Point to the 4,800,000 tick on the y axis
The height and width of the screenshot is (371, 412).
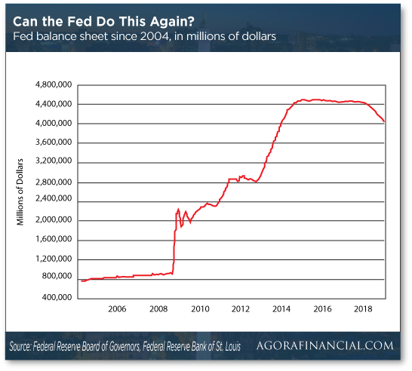tap(53, 84)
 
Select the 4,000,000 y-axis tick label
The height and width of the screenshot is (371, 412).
tap(53, 123)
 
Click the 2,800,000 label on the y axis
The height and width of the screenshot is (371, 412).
tap(53, 182)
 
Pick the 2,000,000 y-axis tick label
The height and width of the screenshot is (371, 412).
tap(53, 220)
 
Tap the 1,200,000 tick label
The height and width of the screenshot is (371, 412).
tap(53, 259)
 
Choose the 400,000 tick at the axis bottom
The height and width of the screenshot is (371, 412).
tap(55, 297)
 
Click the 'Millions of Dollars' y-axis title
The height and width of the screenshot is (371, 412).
tap(21, 191)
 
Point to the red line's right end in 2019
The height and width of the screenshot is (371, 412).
tap(384, 121)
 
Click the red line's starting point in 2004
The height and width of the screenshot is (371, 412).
tap(81, 281)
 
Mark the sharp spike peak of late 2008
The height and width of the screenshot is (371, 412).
tap(178, 209)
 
